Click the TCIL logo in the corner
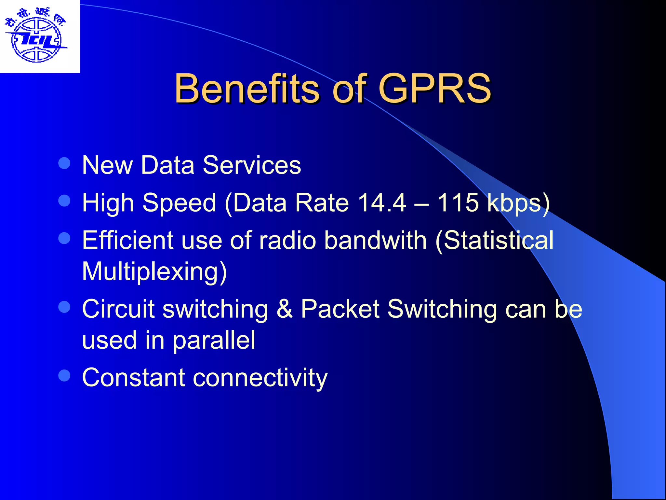pos(36,36)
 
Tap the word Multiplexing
pos(154,271)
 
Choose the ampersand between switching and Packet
pos(284,309)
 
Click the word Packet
pos(340,309)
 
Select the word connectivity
pos(260,378)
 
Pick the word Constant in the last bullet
pos(133,378)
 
